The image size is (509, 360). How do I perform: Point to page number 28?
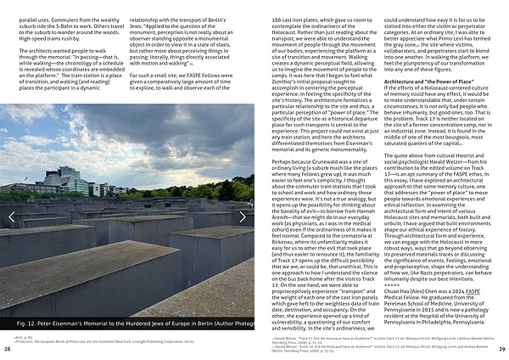[8, 350]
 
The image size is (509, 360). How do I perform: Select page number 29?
[501, 350]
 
